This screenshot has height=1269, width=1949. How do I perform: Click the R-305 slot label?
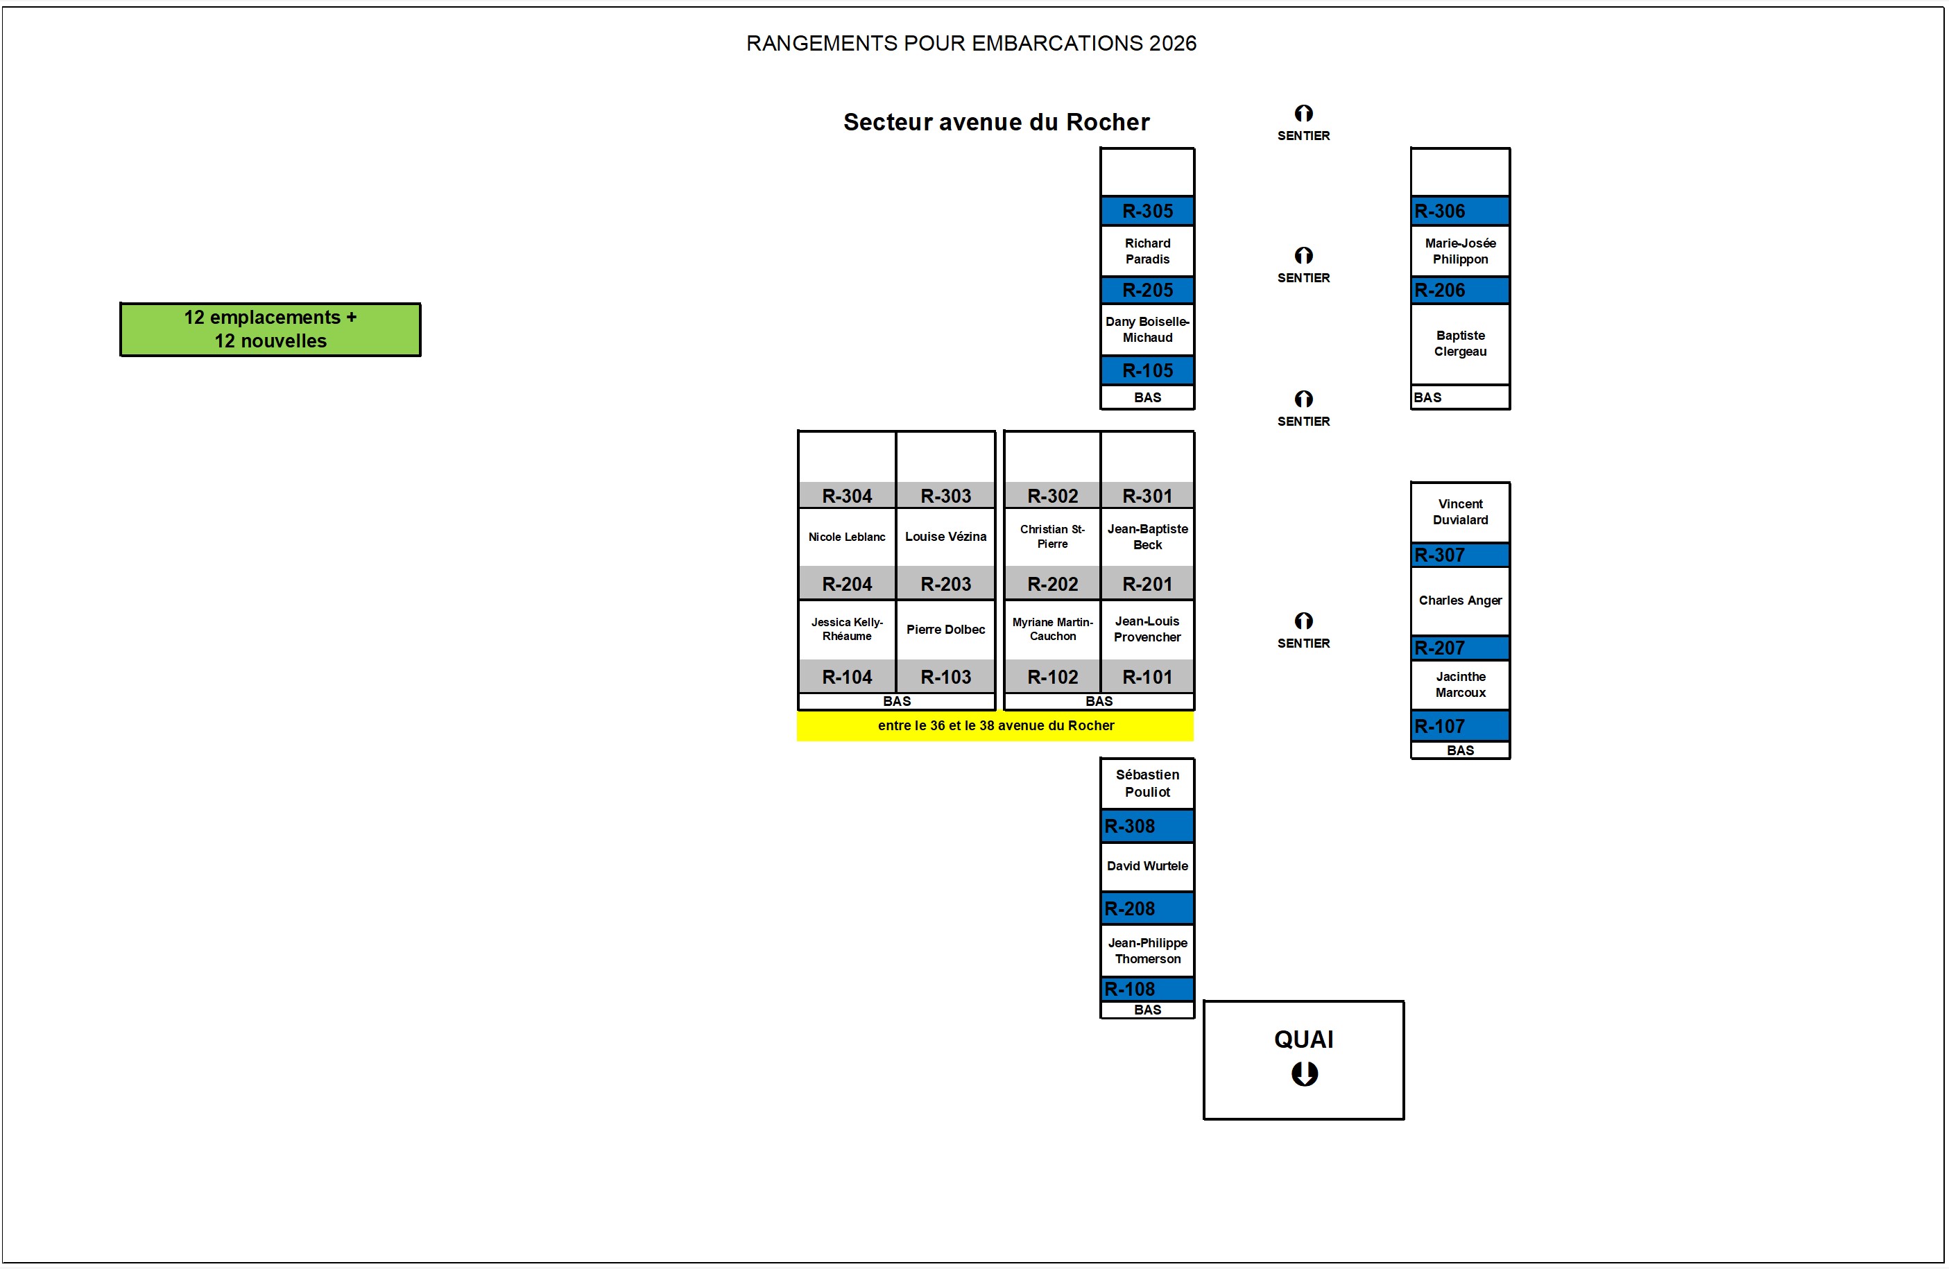pyautogui.click(x=1147, y=211)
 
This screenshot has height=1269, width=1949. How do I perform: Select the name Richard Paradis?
pyautogui.click(x=1147, y=251)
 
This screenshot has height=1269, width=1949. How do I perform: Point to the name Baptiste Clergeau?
pyautogui.click(x=1459, y=344)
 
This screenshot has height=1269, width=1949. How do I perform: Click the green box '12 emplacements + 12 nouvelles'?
pyautogui.click(x=271, y=329)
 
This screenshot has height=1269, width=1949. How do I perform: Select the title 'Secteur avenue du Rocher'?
pyautogui.click(x=996, y=122)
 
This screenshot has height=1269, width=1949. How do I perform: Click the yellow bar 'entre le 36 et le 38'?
pyautogui.click(x=995, y=725)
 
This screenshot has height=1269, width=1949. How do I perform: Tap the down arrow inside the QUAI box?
pyautogui.click(x=1304, y=1073)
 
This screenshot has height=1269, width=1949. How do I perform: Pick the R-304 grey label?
pyautogui.click(x=847, y=496)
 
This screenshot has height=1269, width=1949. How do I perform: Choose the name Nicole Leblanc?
pyautogui.click(x=847, y=537)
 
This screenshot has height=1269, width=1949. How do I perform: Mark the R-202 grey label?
pyautogui.click(x=1052, y=585)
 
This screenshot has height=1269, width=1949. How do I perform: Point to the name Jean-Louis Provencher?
pyautogui.click(x=1147, y=630)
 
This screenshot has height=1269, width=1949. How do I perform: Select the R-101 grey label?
pyautogui.click(x=1147, y=677)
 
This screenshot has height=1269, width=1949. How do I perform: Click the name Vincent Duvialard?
pyautogui.click(x=1459, y=512)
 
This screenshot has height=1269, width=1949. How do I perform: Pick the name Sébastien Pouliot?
pyautogui.click(x=1147, y=784)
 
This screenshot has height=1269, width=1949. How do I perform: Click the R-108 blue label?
pyautogui.click(x=1147, y=989)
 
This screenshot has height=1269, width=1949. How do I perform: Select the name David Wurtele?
pyautogui.click(x=1147, y=866)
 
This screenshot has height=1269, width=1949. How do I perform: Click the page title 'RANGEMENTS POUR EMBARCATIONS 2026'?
pyautogui.click(x=970, y=44)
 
